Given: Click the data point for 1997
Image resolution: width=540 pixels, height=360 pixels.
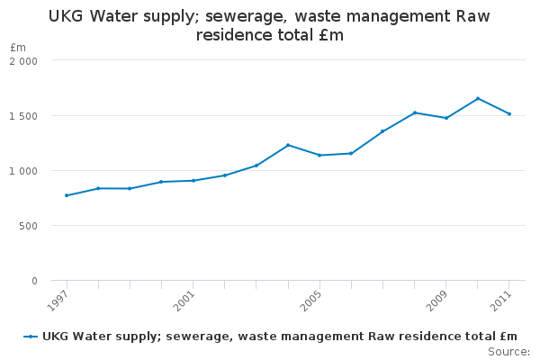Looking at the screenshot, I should pyautogui.click(x=67, y=195).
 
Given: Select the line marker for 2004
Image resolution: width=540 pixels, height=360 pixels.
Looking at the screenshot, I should pyautogui.click(x=288, y=145).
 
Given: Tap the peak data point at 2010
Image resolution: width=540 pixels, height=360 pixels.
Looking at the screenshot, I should pyautogui.click(x=478, y=98).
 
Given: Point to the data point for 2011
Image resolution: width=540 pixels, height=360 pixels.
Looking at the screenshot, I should pyautogui.click(x=509, y=113).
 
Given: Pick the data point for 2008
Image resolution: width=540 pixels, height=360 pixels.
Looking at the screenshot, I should pyautogui.click(x=415, y=112).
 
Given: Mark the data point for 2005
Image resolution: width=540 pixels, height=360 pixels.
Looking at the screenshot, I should pyautogui.click(x=319, y=155).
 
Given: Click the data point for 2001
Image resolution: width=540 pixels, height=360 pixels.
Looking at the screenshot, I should pyautogui.click(x=193, y=180).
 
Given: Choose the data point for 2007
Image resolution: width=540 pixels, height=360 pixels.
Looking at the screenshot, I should pyautogui.click(x=382, y=131).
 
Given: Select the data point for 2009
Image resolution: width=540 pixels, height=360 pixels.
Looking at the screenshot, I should pyautogui.click(x=446, y=118).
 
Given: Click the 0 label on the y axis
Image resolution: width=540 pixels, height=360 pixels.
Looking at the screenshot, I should pyautogui.click(x=34, y=281).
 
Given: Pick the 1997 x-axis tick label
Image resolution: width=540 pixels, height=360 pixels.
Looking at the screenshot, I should pyautogui.click(x=58, y=299).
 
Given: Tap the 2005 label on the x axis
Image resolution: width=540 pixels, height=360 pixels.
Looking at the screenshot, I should pyautogui.click(x=310, y=299).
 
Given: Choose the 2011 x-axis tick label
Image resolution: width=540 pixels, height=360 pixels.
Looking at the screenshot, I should pyautogui.click(x=500, y=299).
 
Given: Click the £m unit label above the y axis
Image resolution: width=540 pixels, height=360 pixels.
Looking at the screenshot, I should pyautogui.click(x=18, y=47).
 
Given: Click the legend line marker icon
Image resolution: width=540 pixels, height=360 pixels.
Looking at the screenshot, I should pyautogui.click(x=31, y=337).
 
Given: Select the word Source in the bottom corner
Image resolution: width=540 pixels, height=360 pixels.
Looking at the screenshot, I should pyautogui.click(x=508, y=351).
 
